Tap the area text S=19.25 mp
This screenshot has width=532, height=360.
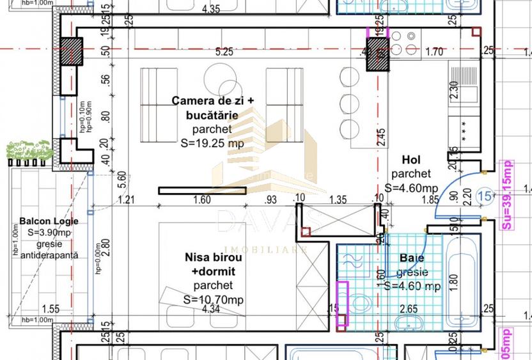pyautogui.click(x=213, y=143)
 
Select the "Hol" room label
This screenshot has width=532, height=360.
pyautogui.click(x=410, y=159)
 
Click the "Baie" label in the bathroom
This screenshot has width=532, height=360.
pyautogui.click(x=412, y=258)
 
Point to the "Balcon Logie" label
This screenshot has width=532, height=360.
pyautogui.click(x=49, y=221)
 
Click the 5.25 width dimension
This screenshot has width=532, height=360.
pyautogui.click(x=224, y=52)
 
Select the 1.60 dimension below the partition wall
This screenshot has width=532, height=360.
pyautogui.click(x=201, y=200)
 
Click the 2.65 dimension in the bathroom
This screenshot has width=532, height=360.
pyautogui.click(x=408, y=309)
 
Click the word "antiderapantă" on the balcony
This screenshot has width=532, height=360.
pyautogui.click(x=49, y=254)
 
